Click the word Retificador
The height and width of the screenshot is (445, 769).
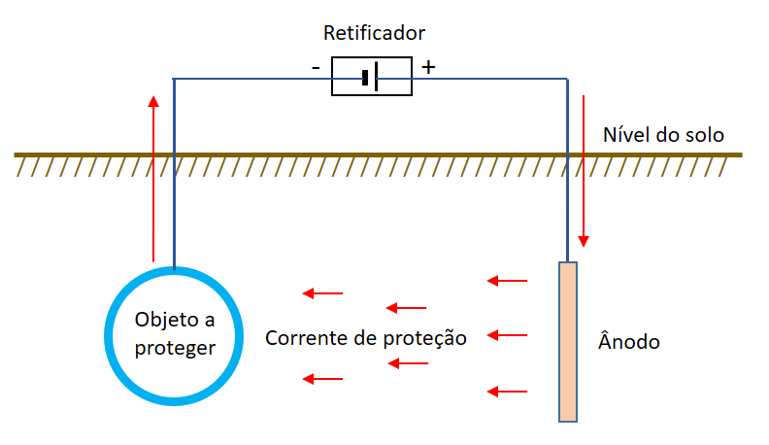coord(374,33)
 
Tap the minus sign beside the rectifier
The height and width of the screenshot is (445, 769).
coord(316,67)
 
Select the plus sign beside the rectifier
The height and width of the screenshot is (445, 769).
coord(428,67)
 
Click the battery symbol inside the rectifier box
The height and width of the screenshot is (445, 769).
coord(370,77)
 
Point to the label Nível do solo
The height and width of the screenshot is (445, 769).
coord(663,135)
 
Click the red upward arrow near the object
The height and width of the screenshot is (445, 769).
coord(153,179)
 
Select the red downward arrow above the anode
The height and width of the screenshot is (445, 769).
coord(584,171)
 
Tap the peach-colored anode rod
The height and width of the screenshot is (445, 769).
coord(568,342)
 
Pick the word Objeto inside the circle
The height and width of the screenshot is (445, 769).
coord(167,320)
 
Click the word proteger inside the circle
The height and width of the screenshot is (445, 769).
coord(175,349)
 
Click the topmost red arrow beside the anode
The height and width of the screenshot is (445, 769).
coord(507,281)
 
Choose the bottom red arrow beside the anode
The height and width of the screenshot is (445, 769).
coord(507,392)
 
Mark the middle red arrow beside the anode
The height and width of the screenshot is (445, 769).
coord(507,335)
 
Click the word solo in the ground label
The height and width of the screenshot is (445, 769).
coord(705,135)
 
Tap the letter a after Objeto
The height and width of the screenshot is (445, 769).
coord(210,321)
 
